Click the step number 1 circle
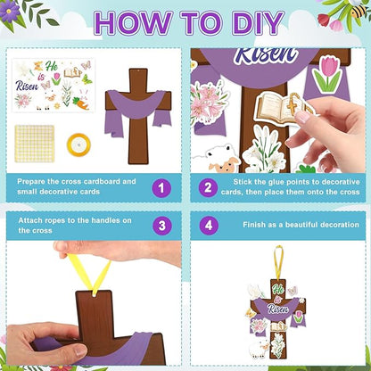point(161,188)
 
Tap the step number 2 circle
point(208,187)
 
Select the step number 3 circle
point(162,226)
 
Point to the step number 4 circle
point(209,225)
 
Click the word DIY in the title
point(258,23)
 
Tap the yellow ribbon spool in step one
point(78,144)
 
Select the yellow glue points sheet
point(35,144)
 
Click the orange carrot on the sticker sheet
point(81,103)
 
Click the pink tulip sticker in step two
point(327,74)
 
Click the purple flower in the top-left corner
point(9,11)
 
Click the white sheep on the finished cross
point(259,349)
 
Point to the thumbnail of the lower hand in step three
point(80,351)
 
